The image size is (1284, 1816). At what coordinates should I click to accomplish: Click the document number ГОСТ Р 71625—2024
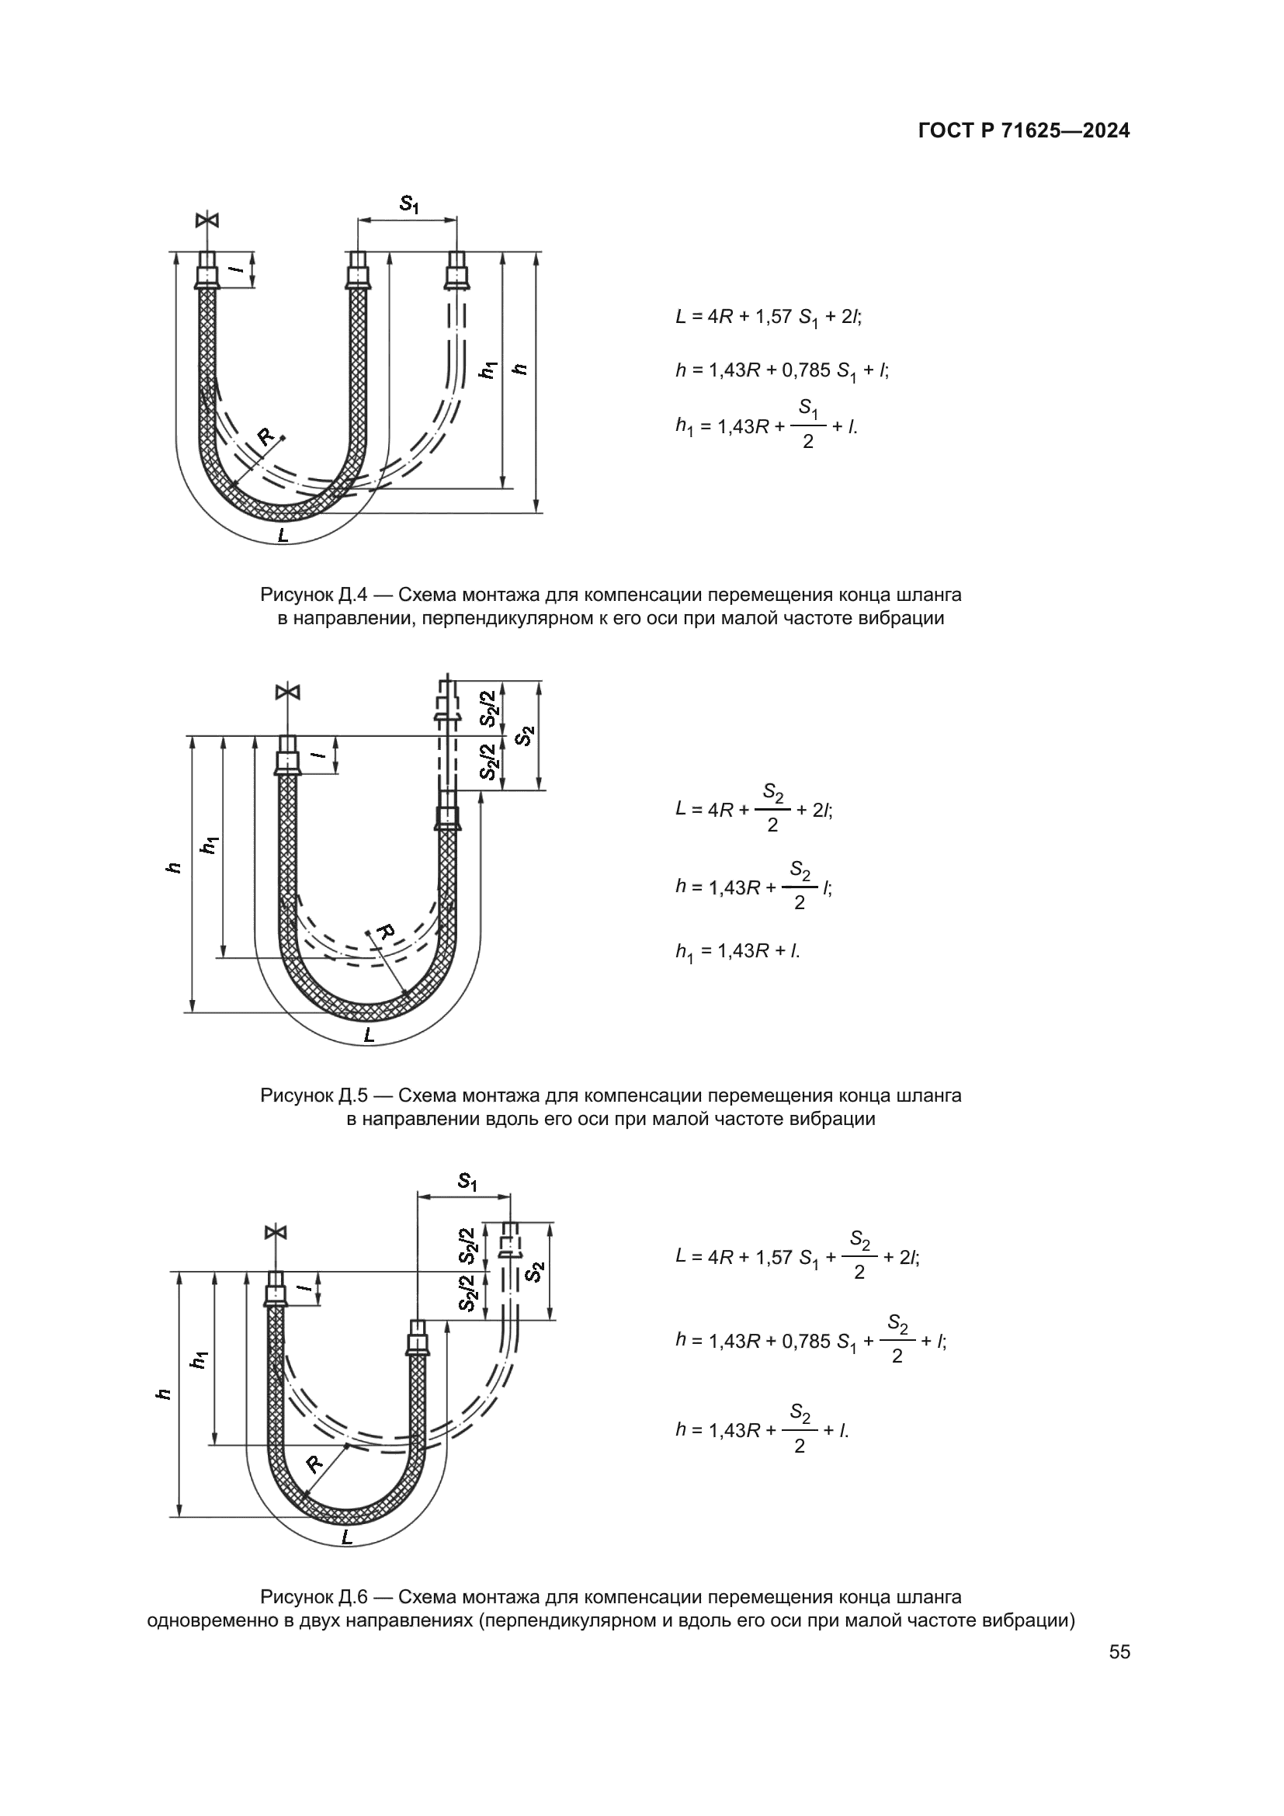[x=1024, y=131]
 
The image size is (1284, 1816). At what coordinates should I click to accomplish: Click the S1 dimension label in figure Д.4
[x=408, y=204]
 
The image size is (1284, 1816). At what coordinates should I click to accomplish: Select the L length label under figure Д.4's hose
[x=283, y=536]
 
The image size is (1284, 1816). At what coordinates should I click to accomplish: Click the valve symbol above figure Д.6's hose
[x=276, y=1232]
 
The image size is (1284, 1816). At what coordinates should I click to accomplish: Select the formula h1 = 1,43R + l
[x=737, y=952]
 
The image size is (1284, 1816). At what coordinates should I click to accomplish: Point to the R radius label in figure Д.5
[x=385, y=931]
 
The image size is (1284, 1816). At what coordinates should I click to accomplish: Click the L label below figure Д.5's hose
[x=369, y=1036]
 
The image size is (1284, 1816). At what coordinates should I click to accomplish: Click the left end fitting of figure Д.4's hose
[x=207, y=269]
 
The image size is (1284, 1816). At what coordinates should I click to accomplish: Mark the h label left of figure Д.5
[x=175, y=868]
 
